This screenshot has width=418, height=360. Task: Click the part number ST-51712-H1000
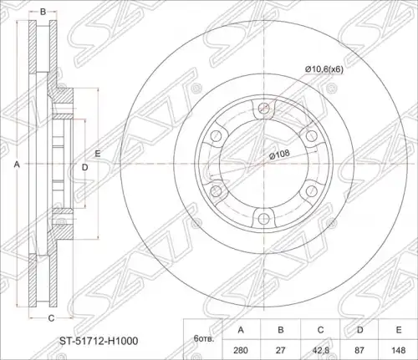coord(98,341)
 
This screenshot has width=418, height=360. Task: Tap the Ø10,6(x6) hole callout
coord(324,69)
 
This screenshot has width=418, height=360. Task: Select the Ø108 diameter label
coord(279,155)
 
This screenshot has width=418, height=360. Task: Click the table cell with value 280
coord(241,350)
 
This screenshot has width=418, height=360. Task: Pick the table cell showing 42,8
coord(320,350)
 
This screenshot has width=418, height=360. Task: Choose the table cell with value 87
coord(359,350)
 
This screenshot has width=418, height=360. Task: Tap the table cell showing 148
coord(398,350)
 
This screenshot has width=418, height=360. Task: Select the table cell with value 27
coord(280,350)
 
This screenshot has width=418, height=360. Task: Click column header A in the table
coord(241,330)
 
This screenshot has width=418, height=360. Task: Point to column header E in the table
coord(398,330)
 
